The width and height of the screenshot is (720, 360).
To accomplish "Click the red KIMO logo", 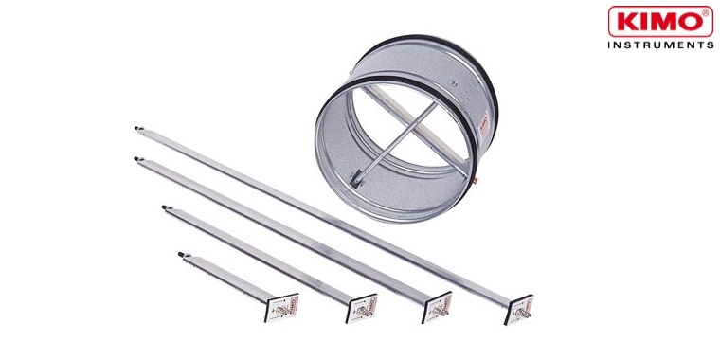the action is coord(660,21).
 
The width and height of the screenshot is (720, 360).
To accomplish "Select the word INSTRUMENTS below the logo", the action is coord(660,45).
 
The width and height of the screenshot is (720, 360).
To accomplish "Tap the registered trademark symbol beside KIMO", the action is coord(705,13).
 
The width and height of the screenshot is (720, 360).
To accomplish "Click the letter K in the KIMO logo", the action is coord(627,22).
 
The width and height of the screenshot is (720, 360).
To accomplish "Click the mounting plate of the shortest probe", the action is coord(281,308).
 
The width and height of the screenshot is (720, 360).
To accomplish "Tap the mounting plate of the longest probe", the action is coord(519,309).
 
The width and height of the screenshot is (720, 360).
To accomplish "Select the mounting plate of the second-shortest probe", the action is coord(361,308).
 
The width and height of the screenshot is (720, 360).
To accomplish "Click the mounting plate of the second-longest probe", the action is coord(436,307).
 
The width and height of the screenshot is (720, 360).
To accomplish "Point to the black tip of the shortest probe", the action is coord(181,254).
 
